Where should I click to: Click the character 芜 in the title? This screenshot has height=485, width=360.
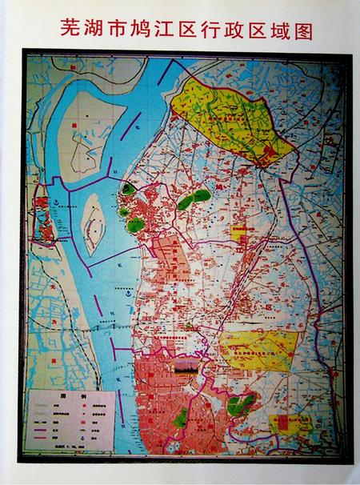[71, 29]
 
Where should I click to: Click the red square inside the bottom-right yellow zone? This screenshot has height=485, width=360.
[281, 423]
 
